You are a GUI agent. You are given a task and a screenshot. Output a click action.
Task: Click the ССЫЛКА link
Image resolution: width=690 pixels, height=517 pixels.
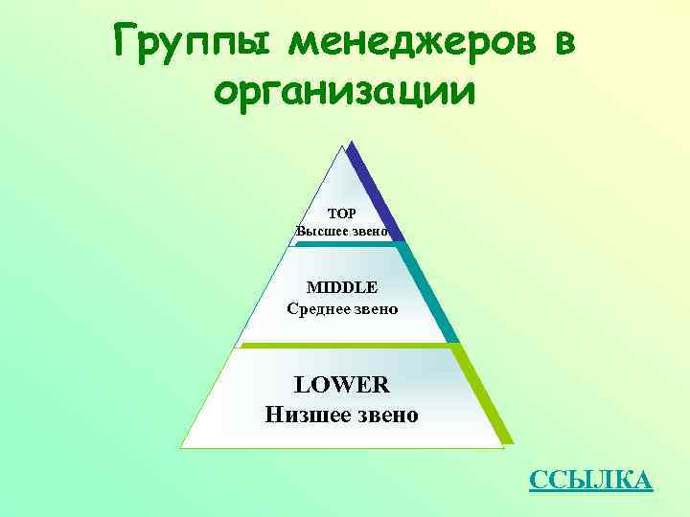(590, 480)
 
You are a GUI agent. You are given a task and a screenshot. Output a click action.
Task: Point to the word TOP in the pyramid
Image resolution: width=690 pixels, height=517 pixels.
(341, 214)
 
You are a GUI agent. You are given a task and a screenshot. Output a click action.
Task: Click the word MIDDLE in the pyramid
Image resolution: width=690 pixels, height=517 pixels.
(342, 287)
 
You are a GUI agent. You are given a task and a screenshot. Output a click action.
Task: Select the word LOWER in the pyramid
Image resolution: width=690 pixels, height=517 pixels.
(341, 385)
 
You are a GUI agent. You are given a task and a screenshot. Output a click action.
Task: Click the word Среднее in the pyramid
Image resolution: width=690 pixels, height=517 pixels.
(318, 308)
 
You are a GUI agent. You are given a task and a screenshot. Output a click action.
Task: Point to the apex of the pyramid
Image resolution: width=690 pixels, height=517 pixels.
(342, 146)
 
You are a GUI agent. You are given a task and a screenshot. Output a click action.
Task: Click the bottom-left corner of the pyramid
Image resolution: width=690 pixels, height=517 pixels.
(182, 447)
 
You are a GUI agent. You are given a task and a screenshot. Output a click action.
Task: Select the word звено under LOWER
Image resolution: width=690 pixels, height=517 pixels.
(382, 415)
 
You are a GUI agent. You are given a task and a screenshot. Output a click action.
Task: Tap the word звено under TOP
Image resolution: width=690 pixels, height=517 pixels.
(370, 231)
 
